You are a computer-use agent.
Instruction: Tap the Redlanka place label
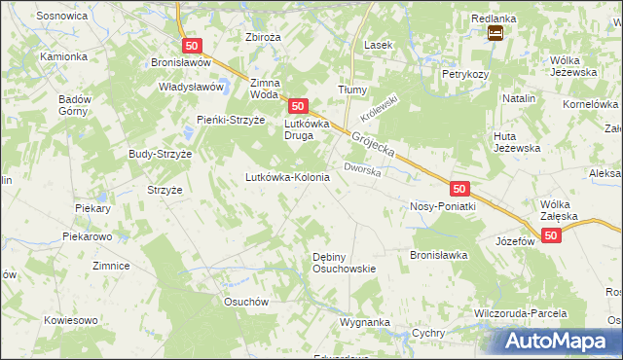point(494,18)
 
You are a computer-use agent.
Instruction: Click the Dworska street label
point(361,170)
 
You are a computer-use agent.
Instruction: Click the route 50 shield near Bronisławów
point(191,46)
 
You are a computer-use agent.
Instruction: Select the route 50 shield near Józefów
point(552,236)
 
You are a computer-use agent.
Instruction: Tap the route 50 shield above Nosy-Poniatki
point(460,188)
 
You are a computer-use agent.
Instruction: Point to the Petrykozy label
point(464,74)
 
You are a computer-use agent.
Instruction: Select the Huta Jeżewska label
point(517,141)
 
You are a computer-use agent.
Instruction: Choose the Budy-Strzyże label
point(161,154)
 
